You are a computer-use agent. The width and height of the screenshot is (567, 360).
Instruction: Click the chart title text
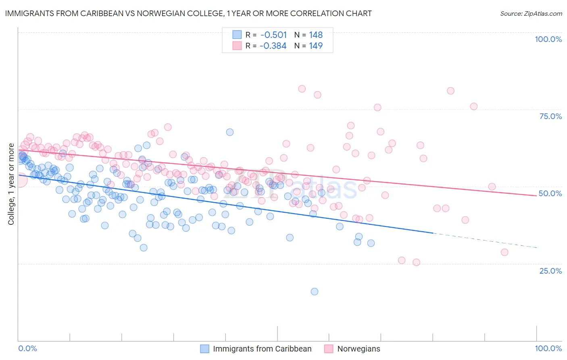point(188,13)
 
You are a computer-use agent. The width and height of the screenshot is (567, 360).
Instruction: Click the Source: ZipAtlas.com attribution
point(531,13)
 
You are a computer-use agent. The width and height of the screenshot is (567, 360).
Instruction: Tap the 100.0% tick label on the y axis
point(548,39)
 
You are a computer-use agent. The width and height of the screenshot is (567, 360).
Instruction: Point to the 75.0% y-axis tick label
point(550,116)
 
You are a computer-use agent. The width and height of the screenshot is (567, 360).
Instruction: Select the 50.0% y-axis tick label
point(550,193)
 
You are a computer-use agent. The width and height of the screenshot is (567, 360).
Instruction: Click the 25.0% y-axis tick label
point(550,270)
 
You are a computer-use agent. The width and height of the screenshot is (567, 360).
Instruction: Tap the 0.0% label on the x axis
point(27,348)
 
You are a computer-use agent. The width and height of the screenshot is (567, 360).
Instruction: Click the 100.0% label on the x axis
point(548,348)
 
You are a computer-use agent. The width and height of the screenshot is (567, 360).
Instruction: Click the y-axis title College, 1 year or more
point(11,184)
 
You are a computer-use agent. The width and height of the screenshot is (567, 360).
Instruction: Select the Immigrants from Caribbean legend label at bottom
point(262,349)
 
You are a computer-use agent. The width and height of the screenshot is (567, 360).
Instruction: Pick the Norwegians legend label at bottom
point(359,349)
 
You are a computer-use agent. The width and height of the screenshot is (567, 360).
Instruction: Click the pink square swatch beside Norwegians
point(329,349)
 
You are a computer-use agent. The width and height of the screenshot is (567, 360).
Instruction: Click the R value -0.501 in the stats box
point(273,35)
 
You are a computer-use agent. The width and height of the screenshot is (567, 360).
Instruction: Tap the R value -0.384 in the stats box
point(273,46)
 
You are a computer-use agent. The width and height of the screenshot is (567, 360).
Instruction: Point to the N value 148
point(316,35)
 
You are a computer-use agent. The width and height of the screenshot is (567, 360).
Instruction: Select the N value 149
point(316,46)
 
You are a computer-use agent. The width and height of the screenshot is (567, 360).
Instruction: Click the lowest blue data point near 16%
point(315,291)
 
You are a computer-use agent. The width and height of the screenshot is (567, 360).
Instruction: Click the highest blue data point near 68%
point(230,132)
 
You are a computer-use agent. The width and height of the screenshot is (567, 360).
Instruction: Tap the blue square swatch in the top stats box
point(237,35)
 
